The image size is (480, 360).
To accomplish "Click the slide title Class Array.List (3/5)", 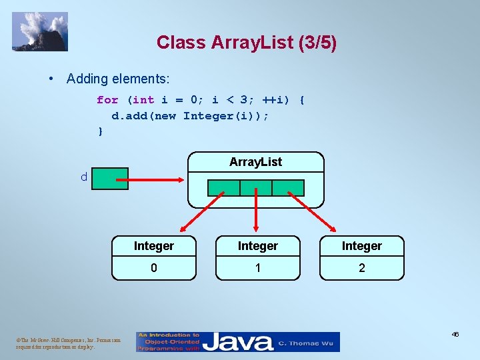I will [247, 43].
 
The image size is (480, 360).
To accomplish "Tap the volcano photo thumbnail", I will [40, 31].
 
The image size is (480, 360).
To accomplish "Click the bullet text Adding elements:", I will [118, 79].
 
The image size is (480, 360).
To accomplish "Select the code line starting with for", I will [200, 100].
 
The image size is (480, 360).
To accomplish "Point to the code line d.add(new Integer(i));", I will [190, 115].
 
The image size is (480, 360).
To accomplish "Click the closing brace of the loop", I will [101, 131].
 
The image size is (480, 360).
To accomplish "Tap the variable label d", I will [83, 177].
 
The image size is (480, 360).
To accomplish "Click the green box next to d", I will [110, 179].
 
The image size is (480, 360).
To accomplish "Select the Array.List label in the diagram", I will [255, 162].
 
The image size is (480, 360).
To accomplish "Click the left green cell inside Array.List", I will [224, 187].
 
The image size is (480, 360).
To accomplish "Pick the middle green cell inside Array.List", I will [256, 187].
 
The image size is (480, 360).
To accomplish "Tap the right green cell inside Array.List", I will [288, 187].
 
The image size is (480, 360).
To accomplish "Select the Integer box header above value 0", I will [154, 246].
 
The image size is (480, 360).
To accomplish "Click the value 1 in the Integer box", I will [258, 268].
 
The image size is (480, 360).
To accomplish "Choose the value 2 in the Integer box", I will [362, 268].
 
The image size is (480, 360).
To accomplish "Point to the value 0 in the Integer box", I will [154, 268].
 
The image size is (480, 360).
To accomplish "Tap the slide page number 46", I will [455, 335].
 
